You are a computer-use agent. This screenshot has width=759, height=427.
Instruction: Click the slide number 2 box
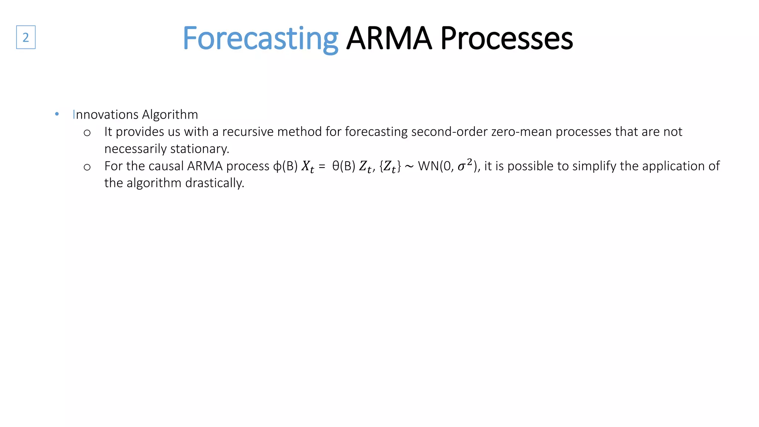click(26, 37)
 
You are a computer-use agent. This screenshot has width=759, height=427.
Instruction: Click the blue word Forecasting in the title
click(260, 39)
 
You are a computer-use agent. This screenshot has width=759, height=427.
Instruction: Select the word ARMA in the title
click(389, 39)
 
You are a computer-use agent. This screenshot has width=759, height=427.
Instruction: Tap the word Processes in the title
click(507, 39)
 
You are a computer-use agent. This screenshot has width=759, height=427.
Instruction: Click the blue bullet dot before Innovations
click(57, 114)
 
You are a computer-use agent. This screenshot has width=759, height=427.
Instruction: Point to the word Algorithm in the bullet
click(170, 115)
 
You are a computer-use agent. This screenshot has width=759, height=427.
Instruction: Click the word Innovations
click(106, 115)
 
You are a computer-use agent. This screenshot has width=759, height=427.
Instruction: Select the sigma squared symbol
click(465, 165)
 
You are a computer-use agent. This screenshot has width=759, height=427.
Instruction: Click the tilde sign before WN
click(409, 167)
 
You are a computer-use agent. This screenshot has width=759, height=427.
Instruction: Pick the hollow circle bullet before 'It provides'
click(87, 133)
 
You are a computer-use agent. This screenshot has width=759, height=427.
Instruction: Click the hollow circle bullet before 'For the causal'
click(87, 167)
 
